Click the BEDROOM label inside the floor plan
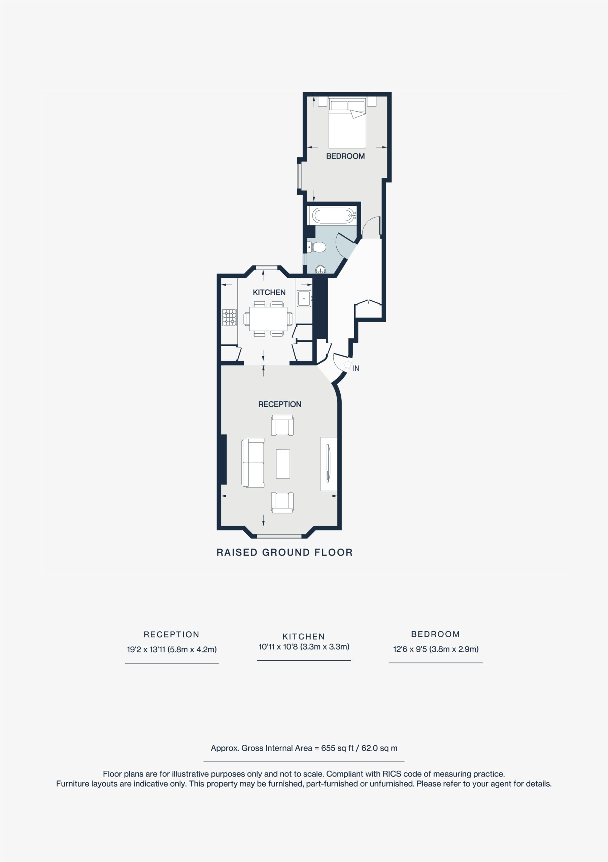tap(345, 156)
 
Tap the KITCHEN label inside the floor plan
tap(269, 293)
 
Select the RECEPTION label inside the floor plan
tap(280, 404)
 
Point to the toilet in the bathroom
tap(317, 247)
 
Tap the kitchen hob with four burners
tap(229, 317)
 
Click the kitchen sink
tap(304, 298)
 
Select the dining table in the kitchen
tap(268, 319)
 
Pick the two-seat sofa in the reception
tap(253, 463)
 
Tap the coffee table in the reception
tap(283, 464)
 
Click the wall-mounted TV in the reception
tap(328, 463)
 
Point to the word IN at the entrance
tap(356, 369)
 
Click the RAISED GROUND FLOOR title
tap(284, 553)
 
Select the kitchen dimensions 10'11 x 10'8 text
tap(304, 647)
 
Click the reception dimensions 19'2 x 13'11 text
tap(171, 650)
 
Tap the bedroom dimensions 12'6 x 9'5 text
tap(435, 649)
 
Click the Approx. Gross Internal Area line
tap(304, 748)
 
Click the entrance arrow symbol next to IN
tap(347, 365)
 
